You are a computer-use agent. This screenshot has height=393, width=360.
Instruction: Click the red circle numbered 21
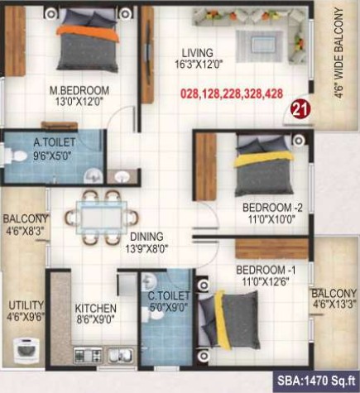click(x=300, y=110)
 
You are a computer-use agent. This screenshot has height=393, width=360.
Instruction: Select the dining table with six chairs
click(x=102, y=218)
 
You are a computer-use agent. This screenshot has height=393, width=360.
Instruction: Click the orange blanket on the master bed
click(x=88, y=33)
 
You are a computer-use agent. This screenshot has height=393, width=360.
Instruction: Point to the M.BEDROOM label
click(x=79, y=90)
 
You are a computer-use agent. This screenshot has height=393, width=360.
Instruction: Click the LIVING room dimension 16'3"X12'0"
click(x=199, y=65)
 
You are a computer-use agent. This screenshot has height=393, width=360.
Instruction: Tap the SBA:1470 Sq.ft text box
click(x=316, y=381)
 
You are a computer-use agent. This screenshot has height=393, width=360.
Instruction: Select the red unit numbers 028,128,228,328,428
click(x=232, y=93)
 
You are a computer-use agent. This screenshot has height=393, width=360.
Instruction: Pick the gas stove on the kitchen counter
click(x=88, y=355)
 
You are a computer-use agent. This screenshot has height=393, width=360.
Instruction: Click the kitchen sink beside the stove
click(x=120, y=355)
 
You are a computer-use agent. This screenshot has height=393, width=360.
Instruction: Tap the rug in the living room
click(x=259, y=46)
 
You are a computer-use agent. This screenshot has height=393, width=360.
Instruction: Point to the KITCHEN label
click(x=95, y=309)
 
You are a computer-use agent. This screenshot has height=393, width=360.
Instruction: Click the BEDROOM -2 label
click(x=272, y=208)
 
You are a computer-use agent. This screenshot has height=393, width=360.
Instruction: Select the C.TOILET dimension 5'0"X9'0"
click(x=169, y=307)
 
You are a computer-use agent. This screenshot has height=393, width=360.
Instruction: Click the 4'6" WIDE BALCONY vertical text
click(x=339, y=53)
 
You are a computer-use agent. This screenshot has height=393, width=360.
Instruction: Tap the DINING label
click(x=146, y=237)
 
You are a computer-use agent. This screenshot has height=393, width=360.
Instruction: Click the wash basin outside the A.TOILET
click(x=122, y=176)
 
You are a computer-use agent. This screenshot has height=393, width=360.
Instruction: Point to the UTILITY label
click(x=26, y=305)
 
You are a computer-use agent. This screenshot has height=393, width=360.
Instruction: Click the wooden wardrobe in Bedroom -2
click(x=206, y=166)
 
